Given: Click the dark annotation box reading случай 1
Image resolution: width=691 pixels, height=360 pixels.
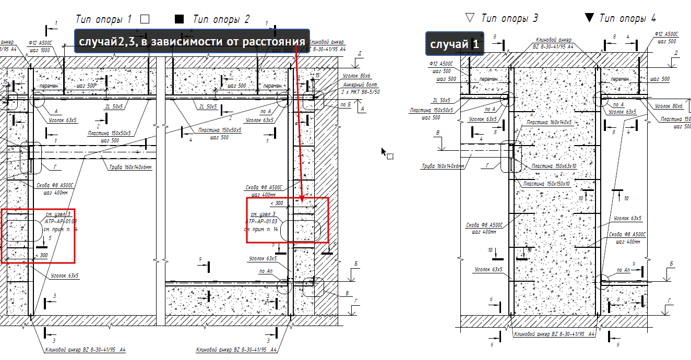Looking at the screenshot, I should coord(455,44).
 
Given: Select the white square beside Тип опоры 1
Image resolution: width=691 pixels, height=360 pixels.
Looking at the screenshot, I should coord(145,19).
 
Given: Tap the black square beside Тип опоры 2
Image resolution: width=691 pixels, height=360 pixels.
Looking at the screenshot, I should coord(180,19).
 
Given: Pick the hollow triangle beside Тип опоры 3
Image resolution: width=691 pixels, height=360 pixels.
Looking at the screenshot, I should coord(470,18).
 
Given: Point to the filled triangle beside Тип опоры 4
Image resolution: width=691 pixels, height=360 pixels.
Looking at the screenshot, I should coord(589,18).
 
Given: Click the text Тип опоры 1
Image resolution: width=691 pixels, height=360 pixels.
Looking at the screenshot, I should coord(103,19).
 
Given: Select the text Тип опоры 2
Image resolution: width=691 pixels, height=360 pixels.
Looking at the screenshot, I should coord(221,19).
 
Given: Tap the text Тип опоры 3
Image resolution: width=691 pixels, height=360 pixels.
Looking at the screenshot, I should coord(509,18).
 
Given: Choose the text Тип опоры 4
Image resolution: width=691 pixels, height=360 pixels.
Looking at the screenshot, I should coord(627,18).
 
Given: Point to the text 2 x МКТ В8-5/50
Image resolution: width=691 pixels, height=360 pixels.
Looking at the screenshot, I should coord(361,91).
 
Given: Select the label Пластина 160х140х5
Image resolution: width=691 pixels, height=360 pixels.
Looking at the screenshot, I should coord(549,122).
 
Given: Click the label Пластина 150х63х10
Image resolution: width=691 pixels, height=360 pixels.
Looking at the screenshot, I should coord(554,166).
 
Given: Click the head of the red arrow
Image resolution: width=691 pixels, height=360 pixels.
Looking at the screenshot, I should coord(302,199).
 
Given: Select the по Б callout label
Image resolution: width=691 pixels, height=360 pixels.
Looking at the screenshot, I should coord(345,104).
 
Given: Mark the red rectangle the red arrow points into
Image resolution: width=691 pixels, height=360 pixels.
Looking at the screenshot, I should coord(288,220).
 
